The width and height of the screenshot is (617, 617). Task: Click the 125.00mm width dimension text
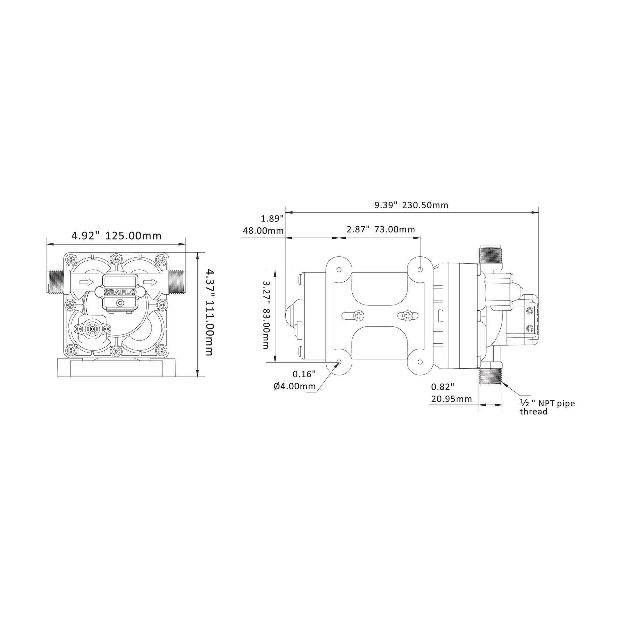pyautogui.click(x=134, y=236)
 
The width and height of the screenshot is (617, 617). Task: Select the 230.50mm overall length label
pyautogui.click(x=425, y=205)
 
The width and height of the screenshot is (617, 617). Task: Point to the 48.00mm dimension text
pyautogui.click(x=263, y=230)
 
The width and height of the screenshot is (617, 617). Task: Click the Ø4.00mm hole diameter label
pyautogui.click(x=294, y=387)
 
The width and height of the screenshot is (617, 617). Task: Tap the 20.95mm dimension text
pyautogui.click(x=451, y=399)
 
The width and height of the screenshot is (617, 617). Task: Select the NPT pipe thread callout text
pyautogui.click(x=547, y=407)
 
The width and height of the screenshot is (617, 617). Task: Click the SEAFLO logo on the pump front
pyautogui.click(x=120, y=292)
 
